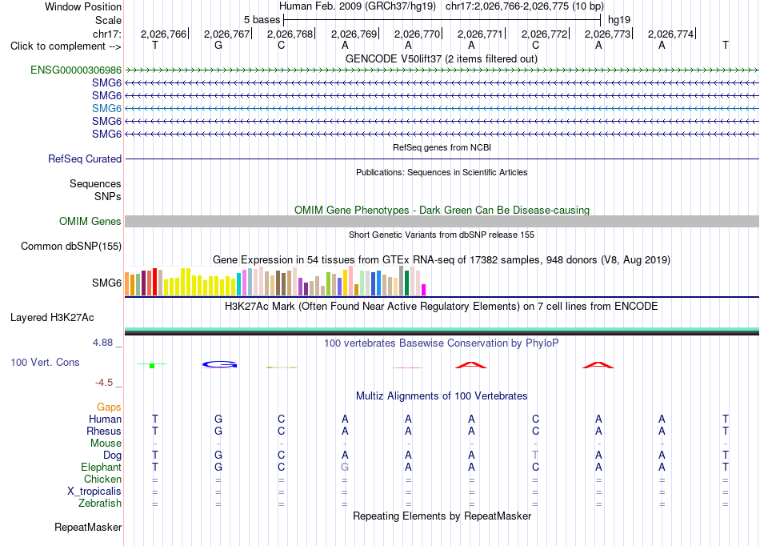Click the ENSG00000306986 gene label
(76, 70)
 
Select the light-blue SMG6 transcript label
(106, 108)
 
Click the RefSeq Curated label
(85, 159)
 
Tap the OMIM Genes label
(90, 222)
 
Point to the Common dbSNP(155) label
(71, 247)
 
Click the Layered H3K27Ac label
(52, 318)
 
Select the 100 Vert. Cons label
(45, 362)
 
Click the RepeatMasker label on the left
(88, 527)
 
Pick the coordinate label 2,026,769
(354, 34)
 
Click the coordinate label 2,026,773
(607, 34)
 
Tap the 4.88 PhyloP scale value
(102, 343)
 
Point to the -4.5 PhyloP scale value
(104, 383)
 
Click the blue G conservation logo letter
(219, 364)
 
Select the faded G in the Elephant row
(345, 467)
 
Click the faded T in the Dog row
(535, 455)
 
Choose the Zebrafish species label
(100, 503)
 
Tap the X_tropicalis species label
(94, 492)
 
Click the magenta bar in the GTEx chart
(424, 290)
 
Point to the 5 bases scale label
(262, 20)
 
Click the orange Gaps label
(109, 407)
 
